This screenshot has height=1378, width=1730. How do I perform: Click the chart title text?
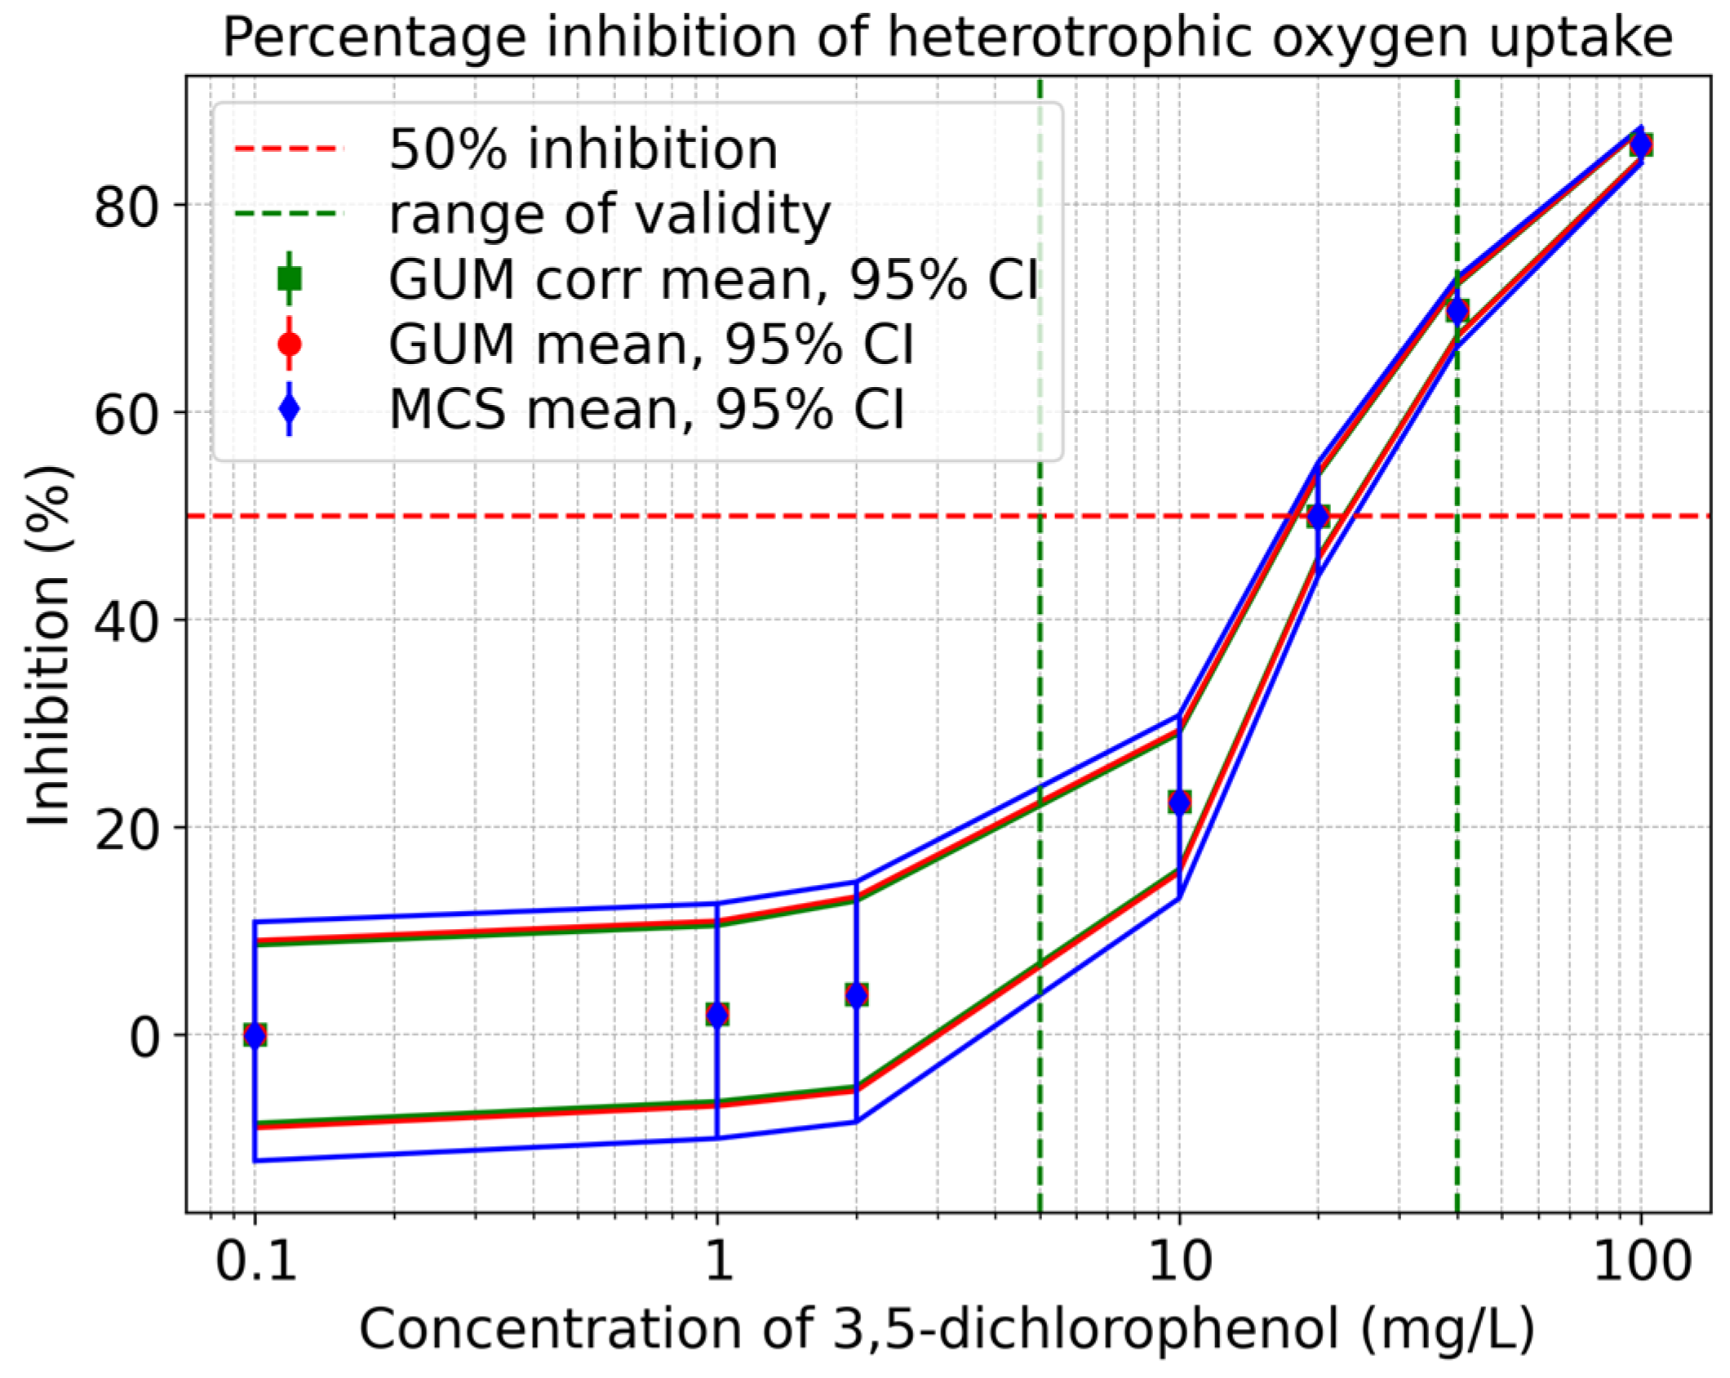click(x=947, y=38)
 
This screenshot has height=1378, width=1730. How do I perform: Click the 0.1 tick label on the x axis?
click(x=255, y=1262)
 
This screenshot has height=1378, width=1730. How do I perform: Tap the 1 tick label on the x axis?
click(x=717, y=1262)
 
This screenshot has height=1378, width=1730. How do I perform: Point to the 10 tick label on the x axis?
click(x=1178, y=1262)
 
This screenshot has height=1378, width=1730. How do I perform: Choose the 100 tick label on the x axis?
click(x=1640, y=1262)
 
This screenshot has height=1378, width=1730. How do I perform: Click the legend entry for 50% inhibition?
click(x=583, y=149)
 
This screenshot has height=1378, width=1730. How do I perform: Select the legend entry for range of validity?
click(x=609, y=214)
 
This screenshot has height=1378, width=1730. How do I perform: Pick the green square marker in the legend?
click(x=290, y=279)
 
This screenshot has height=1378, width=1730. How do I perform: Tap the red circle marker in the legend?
click(x=290, y=344)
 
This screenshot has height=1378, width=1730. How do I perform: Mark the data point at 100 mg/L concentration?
click(x=1640, y=144)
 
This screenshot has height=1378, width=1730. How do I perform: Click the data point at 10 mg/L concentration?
click(x=1178, y=802)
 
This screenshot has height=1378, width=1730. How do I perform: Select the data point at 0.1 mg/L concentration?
click(x=255, y=1035)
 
